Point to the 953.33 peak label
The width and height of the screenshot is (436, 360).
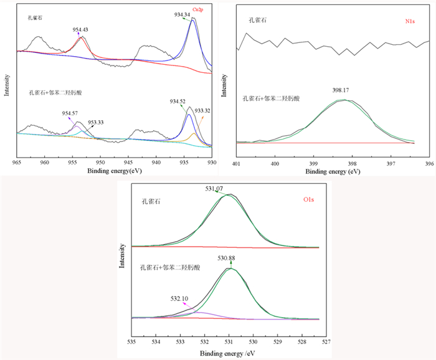[95, 123]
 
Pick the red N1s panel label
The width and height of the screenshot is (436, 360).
[410, 21]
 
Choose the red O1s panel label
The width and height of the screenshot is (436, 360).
[310, 199]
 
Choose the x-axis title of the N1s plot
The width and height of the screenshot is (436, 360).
[332, 171]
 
